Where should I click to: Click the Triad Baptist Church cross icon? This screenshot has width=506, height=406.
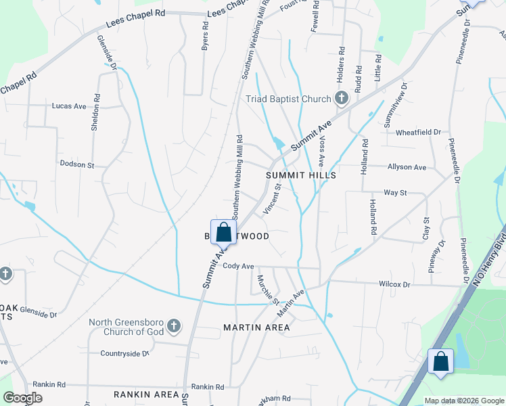click(x=342, y=98)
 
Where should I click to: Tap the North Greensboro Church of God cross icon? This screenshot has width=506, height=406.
click(x=173, y=327)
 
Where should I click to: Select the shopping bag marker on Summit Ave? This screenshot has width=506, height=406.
click(x=223, y=232)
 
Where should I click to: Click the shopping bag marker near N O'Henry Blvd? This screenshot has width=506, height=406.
click(x=441, y=361)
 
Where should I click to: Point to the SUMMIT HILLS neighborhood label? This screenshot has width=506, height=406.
click(x=301, y=175)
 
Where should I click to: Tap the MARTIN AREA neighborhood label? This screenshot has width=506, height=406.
click(x=256, y=328)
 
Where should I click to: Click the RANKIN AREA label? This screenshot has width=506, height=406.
click(x=146, y=394)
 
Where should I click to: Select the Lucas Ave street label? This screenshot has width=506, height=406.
click(x=69, y=106)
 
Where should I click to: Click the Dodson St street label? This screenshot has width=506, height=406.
click(x=77, y=164)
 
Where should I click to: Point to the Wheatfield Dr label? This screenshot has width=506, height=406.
click(x=418, y=132)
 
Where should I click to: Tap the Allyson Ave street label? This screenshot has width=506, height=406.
click(x=407, y=167)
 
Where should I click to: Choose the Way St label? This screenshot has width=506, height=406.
click(x=395, y=193)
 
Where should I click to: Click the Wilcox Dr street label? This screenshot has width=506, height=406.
click(x=395, y=285)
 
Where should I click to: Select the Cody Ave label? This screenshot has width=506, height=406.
click(x=237, y=266)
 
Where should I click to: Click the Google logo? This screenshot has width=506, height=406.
click(x=22, y=398)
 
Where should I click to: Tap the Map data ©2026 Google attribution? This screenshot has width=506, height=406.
click(x=464, y=401)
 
